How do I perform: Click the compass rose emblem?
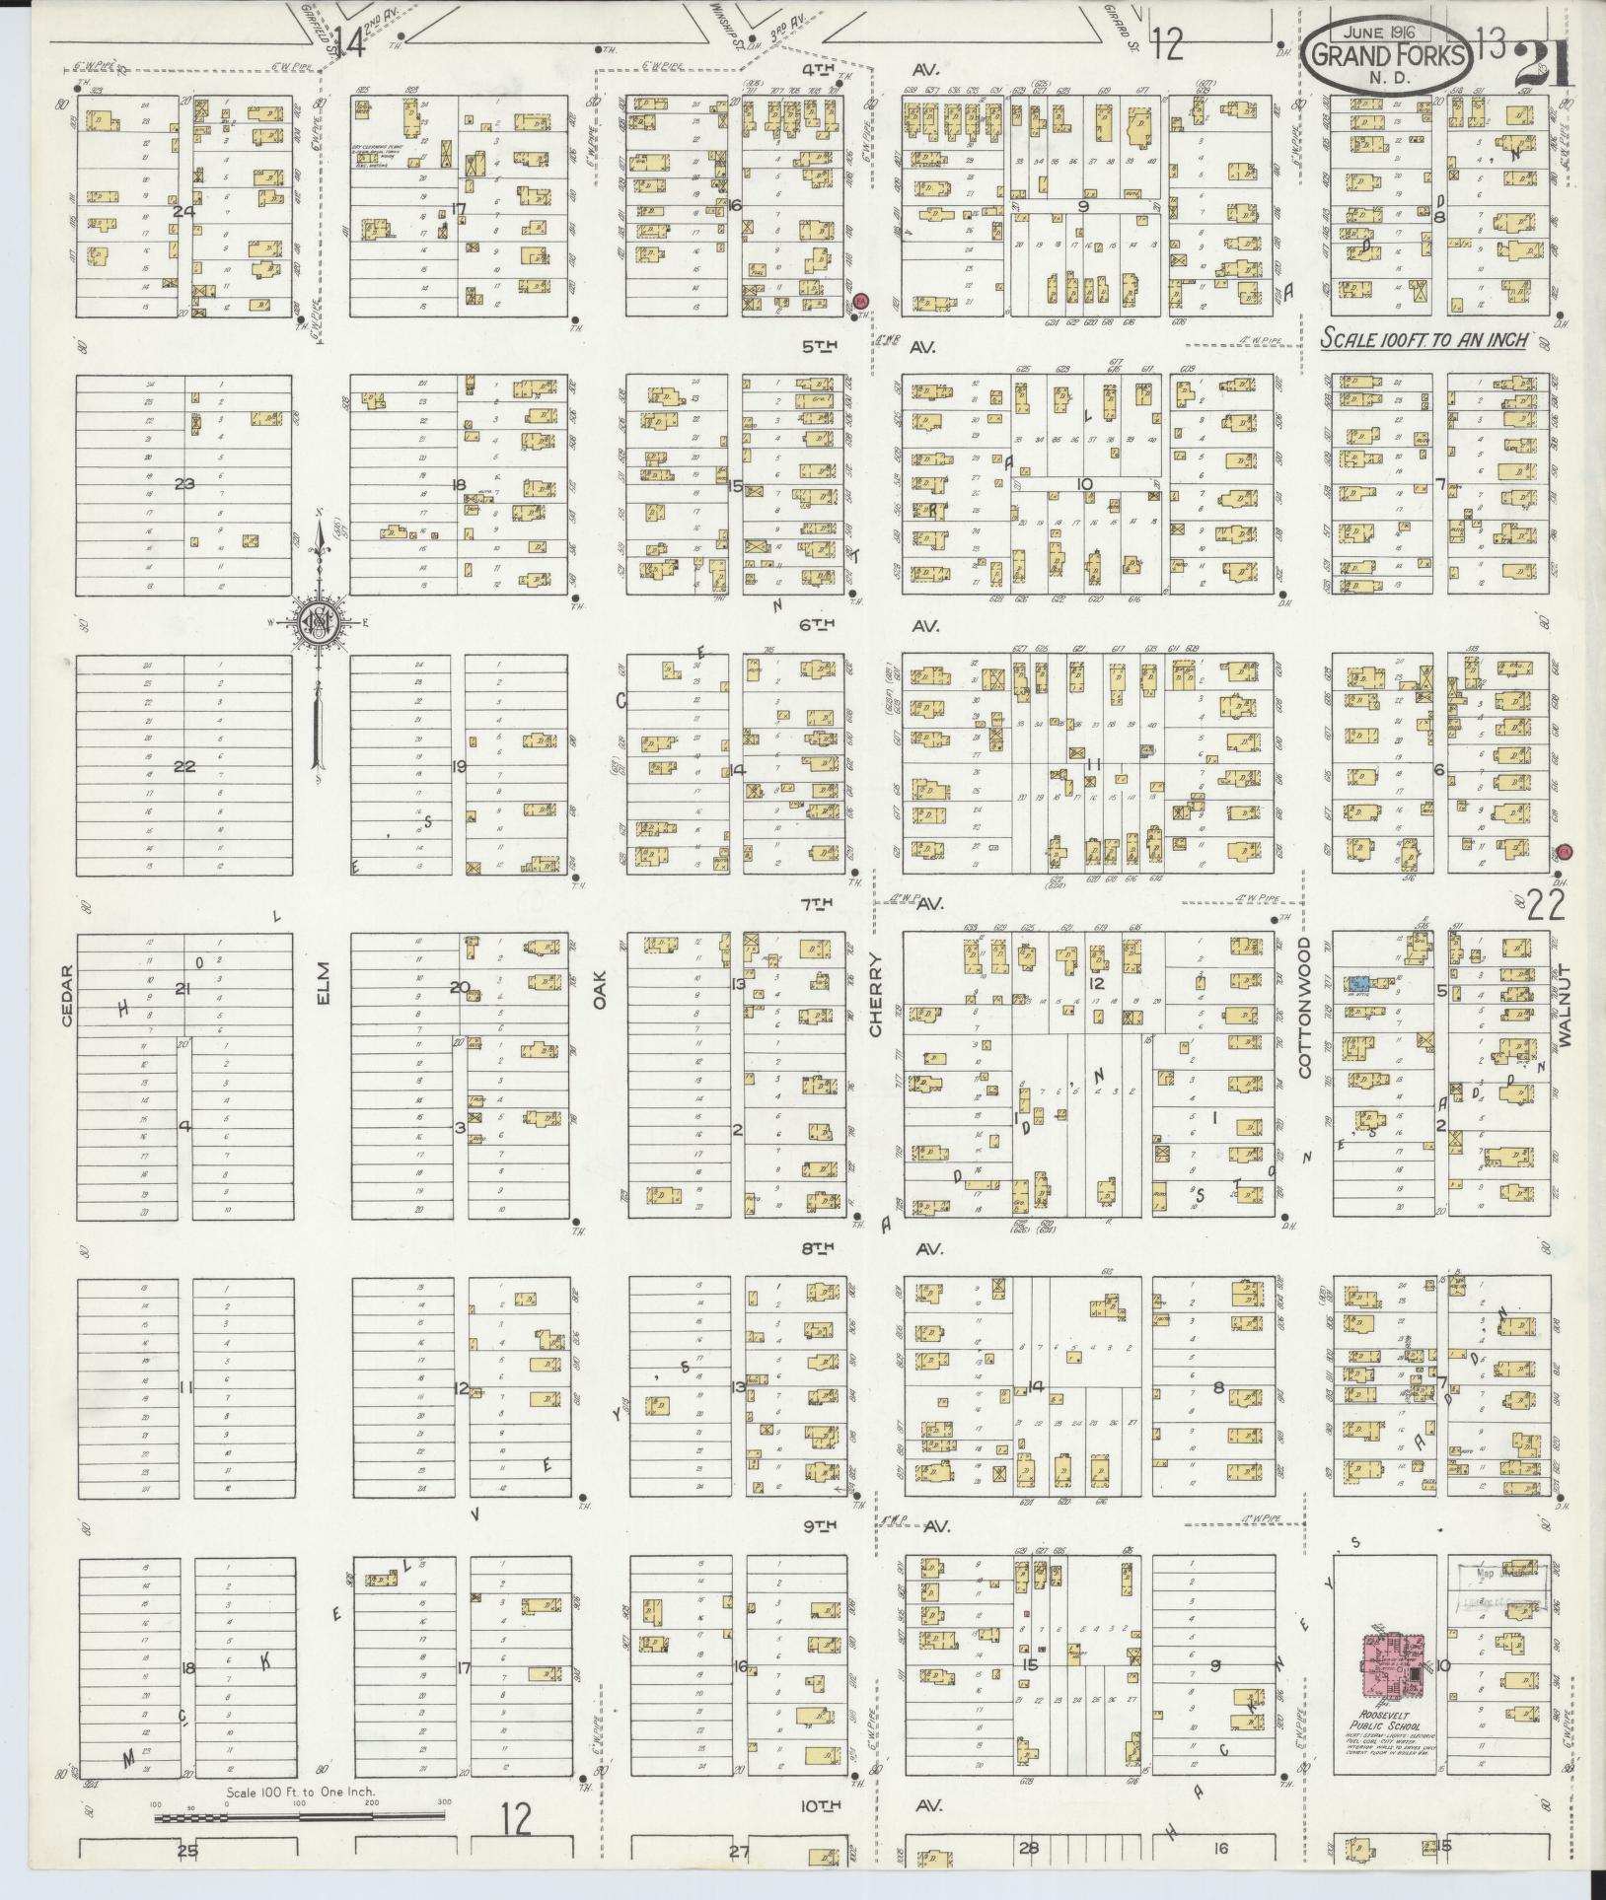pyautogui.click(x=319, y=621)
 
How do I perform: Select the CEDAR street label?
pyautogui.click(x=66, y=997)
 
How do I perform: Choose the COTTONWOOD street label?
pyautogui.click(x=1303, y=1008)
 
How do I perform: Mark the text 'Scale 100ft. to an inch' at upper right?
pyautogui.click(x=1423, y=339)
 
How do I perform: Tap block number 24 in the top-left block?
pyautogui.click(x=182, y=210)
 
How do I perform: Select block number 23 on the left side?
pyautogui.click(x=184, y=484)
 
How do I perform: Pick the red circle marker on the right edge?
pyautogui.click(x=1563, y=852)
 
